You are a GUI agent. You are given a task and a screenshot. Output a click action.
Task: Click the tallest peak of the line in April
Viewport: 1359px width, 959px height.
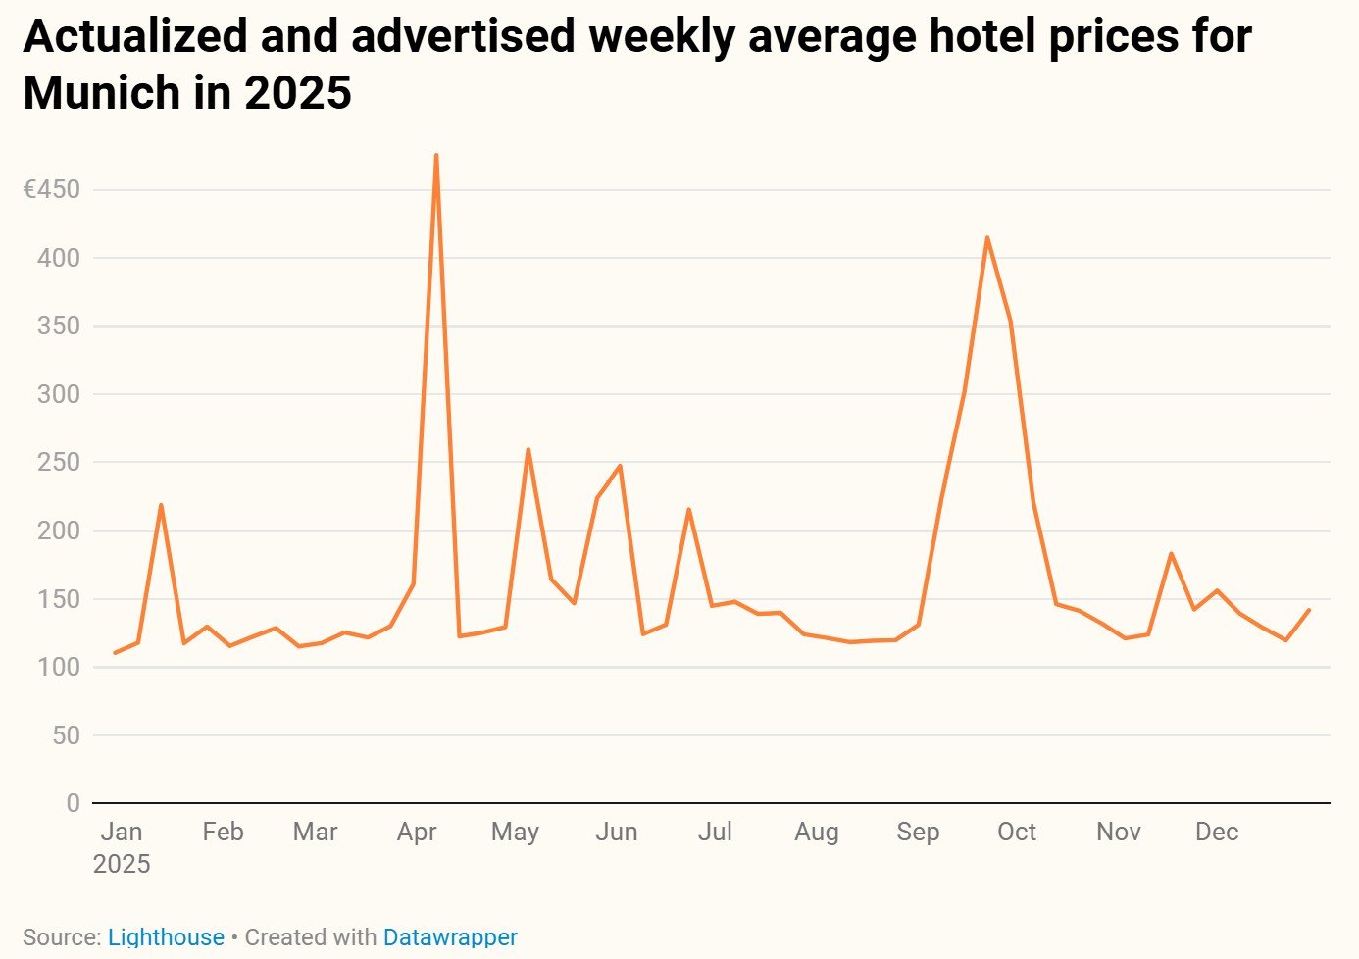pos(435,155)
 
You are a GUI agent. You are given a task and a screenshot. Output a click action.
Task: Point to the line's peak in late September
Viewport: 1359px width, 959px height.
pos(986,237)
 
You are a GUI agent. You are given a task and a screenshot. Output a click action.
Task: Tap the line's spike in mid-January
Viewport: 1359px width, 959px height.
pos(161,505)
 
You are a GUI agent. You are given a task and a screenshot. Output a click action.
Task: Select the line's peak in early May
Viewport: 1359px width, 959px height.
pos(528,450)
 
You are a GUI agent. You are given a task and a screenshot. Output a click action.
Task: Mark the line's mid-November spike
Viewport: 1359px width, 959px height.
pos(1171,554)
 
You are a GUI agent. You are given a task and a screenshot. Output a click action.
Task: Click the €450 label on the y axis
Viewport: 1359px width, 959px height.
pos(52,189)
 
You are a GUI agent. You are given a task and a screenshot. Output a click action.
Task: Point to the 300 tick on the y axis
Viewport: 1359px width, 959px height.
pos(59,394)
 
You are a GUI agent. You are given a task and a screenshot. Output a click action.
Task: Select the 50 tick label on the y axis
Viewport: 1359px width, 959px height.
pos(66,735)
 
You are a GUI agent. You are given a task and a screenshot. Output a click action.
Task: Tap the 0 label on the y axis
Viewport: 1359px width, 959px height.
pos(74,803)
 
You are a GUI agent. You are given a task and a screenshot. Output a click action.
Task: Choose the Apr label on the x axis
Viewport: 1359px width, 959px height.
pos(417,832)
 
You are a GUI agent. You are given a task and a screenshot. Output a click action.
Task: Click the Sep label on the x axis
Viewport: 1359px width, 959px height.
pos(918,832)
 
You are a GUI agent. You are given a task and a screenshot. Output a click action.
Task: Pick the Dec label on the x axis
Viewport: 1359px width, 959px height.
pos(1217,832)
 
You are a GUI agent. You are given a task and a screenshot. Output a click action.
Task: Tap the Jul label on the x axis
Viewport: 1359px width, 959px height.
pos(715,832)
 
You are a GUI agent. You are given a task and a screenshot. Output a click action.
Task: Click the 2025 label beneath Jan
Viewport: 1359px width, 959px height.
pos(122,864)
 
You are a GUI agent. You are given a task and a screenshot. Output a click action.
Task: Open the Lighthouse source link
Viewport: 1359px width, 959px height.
pos(166,937)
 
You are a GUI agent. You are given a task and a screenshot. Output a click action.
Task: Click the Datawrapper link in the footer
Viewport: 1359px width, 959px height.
pos(450,937)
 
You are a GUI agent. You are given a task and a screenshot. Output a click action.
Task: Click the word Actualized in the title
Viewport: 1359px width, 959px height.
pos(135,36)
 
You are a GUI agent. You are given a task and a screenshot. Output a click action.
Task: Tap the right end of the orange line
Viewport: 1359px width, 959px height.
pos(1309,610)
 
